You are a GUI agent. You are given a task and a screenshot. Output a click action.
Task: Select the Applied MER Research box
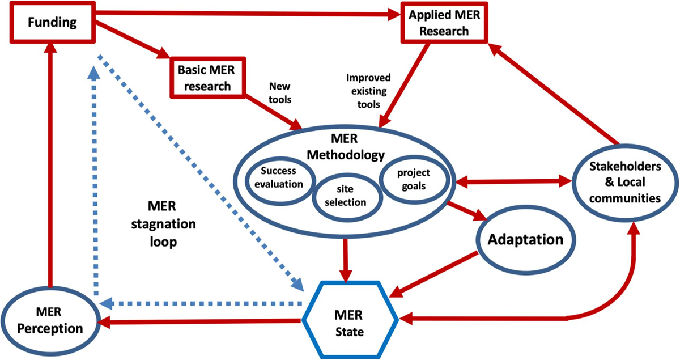pos(440,24)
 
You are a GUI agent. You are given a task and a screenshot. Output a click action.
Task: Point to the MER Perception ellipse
pos(50,320)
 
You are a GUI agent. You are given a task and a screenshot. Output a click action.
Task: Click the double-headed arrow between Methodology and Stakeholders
pos(514,183)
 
